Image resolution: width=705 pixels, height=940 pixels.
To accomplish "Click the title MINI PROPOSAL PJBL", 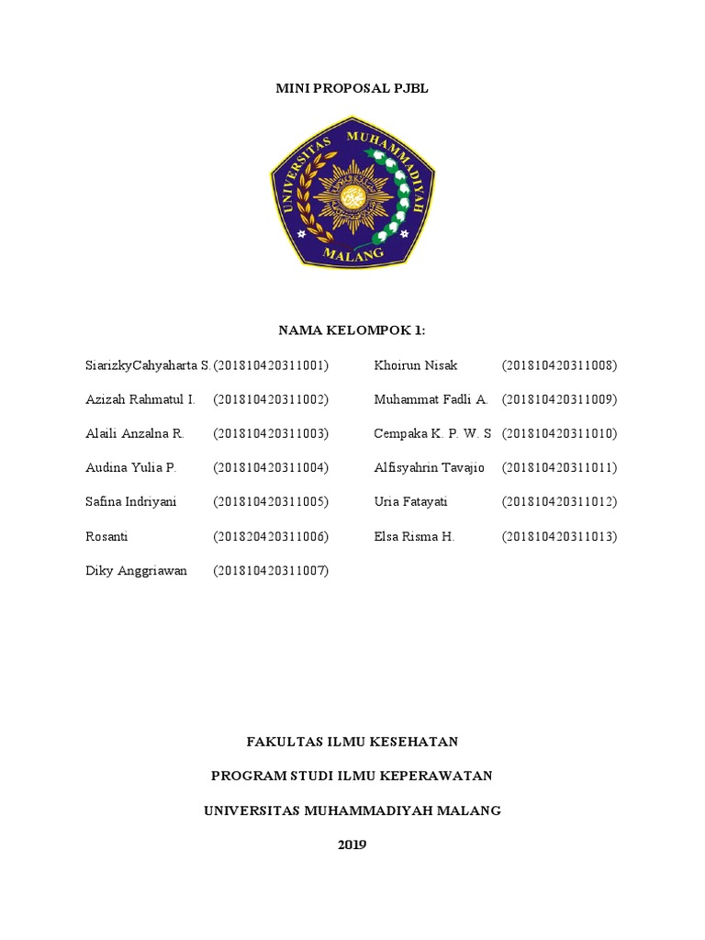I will (x=352, y=89).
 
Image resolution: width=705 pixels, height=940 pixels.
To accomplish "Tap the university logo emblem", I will (x=352, y=191).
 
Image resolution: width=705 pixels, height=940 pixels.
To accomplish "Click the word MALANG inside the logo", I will (x=352, y=252).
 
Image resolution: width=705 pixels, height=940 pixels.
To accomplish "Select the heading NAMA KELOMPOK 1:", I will (x=352, y=330).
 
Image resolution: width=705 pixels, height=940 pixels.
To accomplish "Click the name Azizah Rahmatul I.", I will (x=140, y=399).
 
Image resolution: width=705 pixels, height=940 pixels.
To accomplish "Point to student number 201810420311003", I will (x=271, y=433).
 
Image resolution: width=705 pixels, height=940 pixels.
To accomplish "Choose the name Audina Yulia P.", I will (x=130, y=467).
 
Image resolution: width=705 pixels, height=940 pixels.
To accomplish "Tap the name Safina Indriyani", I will (x=131, y=502).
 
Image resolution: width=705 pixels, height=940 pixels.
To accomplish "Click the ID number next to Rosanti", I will (x=271, y=536).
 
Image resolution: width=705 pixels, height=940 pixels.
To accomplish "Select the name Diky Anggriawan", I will (x=137, y=570).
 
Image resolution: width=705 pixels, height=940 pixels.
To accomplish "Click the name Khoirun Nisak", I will (x=416, y=365).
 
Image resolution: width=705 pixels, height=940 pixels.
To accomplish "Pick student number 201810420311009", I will (x=560, y=399).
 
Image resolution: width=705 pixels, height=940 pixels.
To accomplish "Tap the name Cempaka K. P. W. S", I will (x=433, y=433).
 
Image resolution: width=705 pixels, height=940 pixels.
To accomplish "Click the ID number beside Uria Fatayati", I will (x=560, y=502).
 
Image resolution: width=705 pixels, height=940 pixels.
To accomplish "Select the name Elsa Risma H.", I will (x=414, y=536).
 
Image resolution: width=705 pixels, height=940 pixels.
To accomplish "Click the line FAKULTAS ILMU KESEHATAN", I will (x=352, y=742).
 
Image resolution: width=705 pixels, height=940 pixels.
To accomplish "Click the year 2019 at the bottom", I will (x=352, y=845).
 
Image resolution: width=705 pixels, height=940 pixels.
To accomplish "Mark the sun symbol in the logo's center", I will (x=351, y=196).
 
